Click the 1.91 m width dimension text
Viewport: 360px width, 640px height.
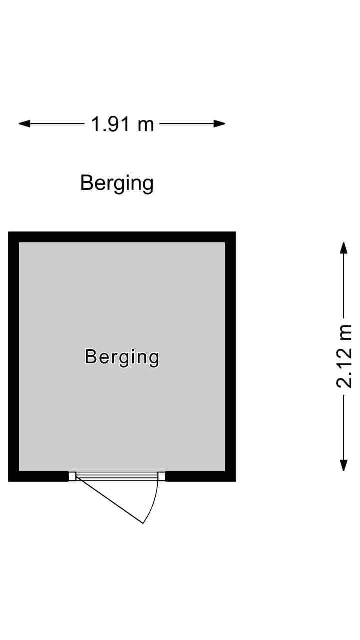click(x=122, y=124)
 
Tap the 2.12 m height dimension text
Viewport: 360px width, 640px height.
click(x=344, y=356)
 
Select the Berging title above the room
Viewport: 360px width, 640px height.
click(x=117, y=183)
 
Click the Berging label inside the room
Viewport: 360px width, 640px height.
click(x=122, y=357)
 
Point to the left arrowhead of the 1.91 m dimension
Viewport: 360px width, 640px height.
click(x=24, y=124)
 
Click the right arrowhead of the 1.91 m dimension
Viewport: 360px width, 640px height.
click(x=220, y=124)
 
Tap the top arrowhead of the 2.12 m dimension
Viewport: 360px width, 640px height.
click(x=343, y=248)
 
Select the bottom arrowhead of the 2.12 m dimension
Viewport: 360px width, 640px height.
click(x=343, y=465)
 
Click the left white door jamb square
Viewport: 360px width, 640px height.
click(x=72, y=476)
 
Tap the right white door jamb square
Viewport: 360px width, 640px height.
click(x=161, y=476)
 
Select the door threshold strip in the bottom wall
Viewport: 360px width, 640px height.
click(x=117, y=476)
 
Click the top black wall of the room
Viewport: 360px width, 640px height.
click(x=122, y=237)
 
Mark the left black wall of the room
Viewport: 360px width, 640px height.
click(x=13, y=357)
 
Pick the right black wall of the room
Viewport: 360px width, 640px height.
click(x=230, y=357)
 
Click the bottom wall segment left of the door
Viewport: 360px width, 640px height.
click(x=39, y=476)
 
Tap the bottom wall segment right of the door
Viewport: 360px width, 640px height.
click(x=200, y=476)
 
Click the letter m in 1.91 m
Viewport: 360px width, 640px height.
click(x=146, y=126)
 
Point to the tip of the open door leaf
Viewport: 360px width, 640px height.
click(x=143, y=523)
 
